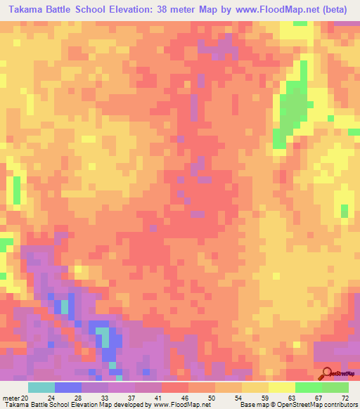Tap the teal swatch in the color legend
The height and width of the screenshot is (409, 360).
pyautogui.click(x=41, y=387)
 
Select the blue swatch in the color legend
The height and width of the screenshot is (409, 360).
pyautogui.click(x=68, y=387)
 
